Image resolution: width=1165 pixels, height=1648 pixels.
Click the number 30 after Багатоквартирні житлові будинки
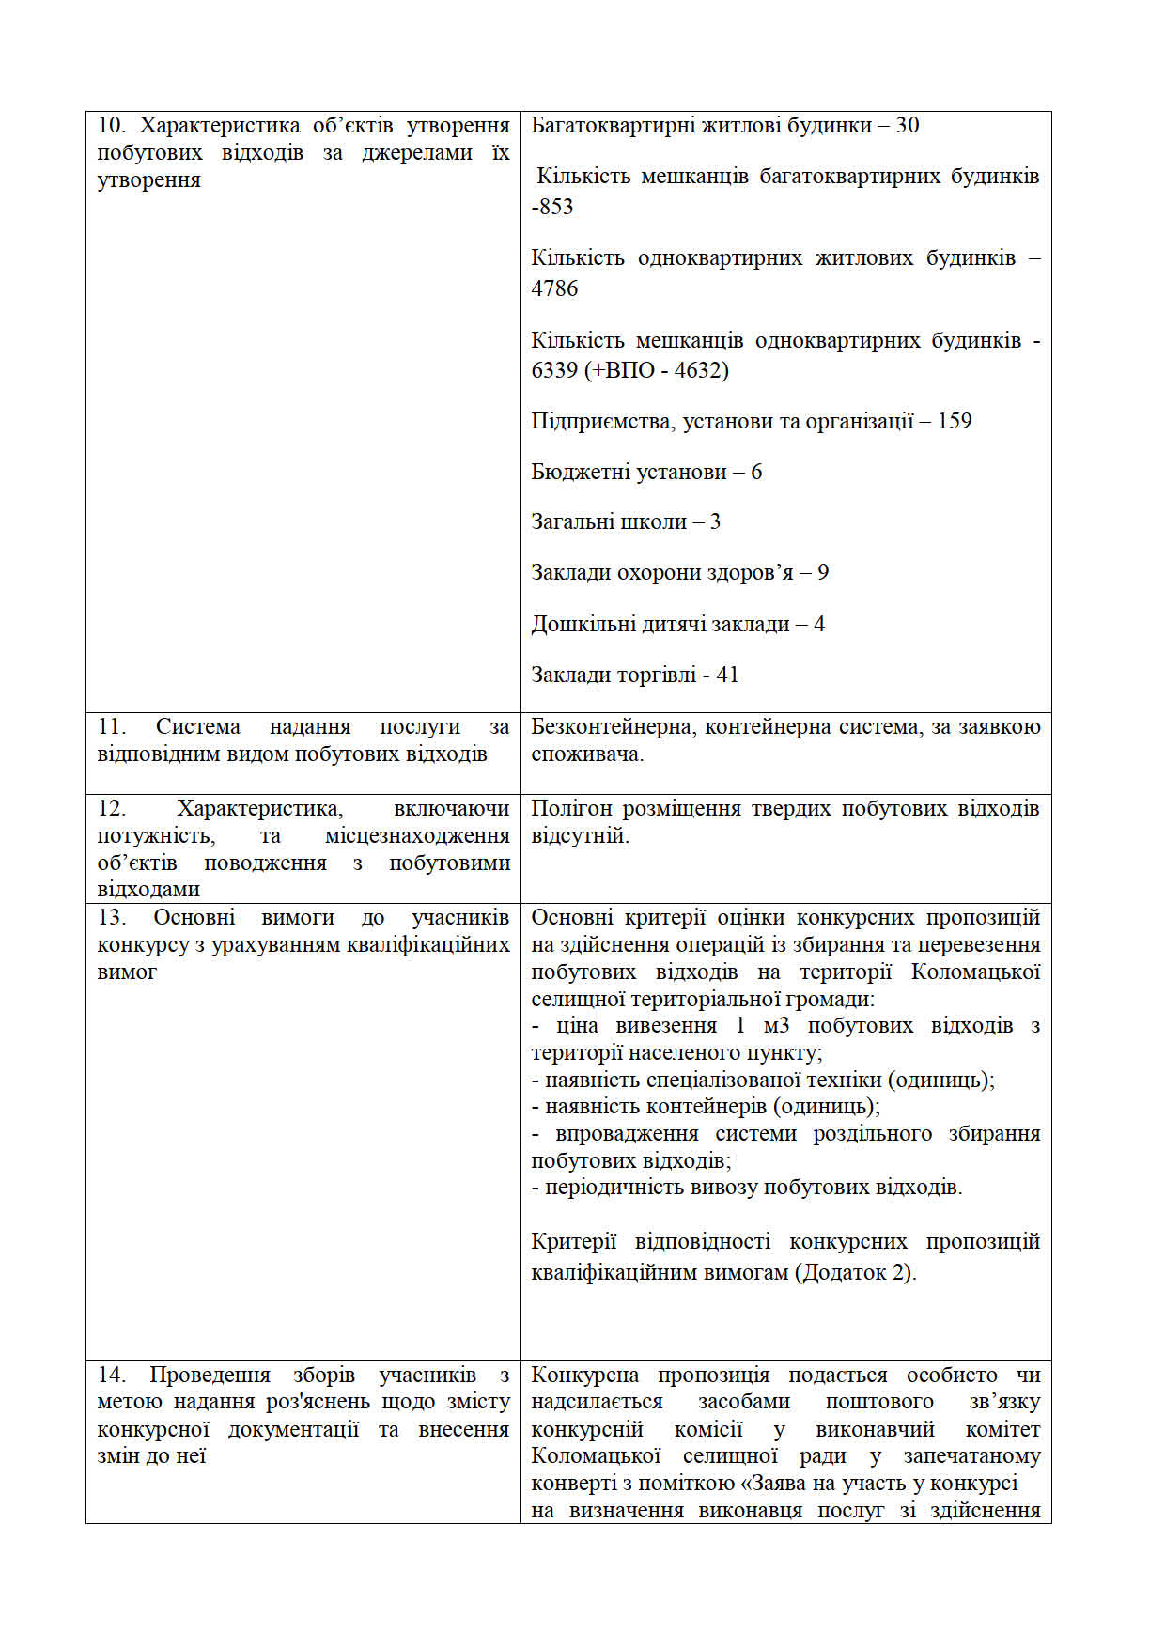(x=907, y=126)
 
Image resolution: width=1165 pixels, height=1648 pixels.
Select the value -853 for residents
(x=552, y=207)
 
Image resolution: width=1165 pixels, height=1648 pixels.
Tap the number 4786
(x=554, y=288)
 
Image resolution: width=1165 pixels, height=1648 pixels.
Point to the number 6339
(x=554, y=370)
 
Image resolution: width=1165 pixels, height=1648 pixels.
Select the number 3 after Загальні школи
(x=715, y=522)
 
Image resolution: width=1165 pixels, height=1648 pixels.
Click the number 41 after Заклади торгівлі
(x=727, y=676)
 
